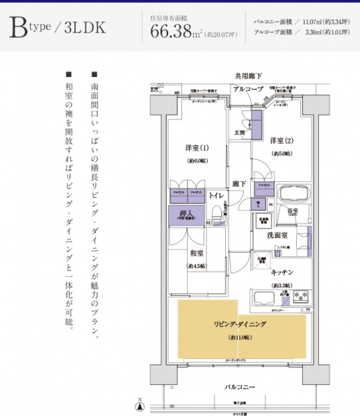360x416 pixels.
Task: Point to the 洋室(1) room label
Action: point(197,147)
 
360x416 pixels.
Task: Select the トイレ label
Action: point(215,197)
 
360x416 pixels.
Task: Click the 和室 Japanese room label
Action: point(197,253)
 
